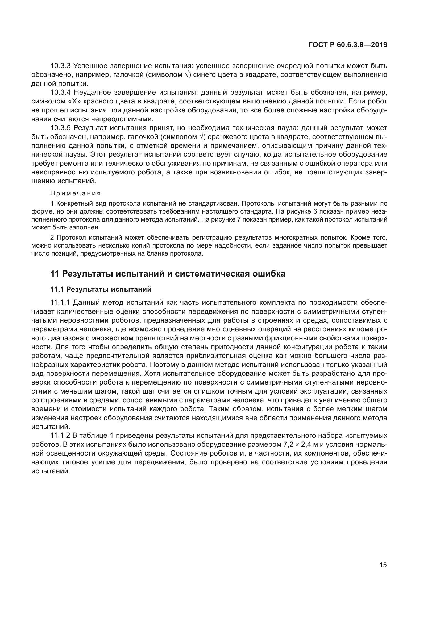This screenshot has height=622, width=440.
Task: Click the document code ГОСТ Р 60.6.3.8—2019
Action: (348, 45)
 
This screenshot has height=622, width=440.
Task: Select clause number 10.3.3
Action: (60, 66)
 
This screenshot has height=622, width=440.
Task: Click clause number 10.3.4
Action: (60, 93)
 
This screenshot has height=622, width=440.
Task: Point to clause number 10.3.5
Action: (60, 128)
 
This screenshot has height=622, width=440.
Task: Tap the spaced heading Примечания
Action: (76, 193)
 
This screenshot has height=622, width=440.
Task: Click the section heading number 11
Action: (55, 274)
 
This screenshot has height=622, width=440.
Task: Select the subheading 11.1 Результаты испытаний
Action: (101, 290)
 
